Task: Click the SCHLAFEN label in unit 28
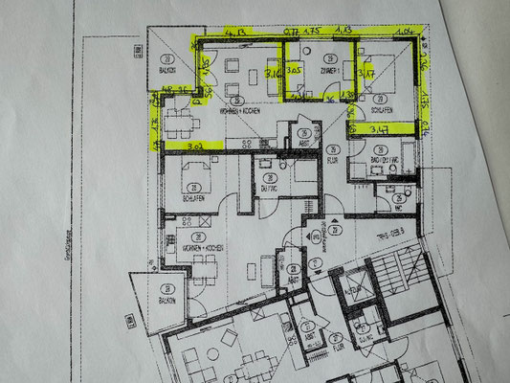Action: (x=190, y=198)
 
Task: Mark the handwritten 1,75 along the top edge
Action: (x=313, y=31)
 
